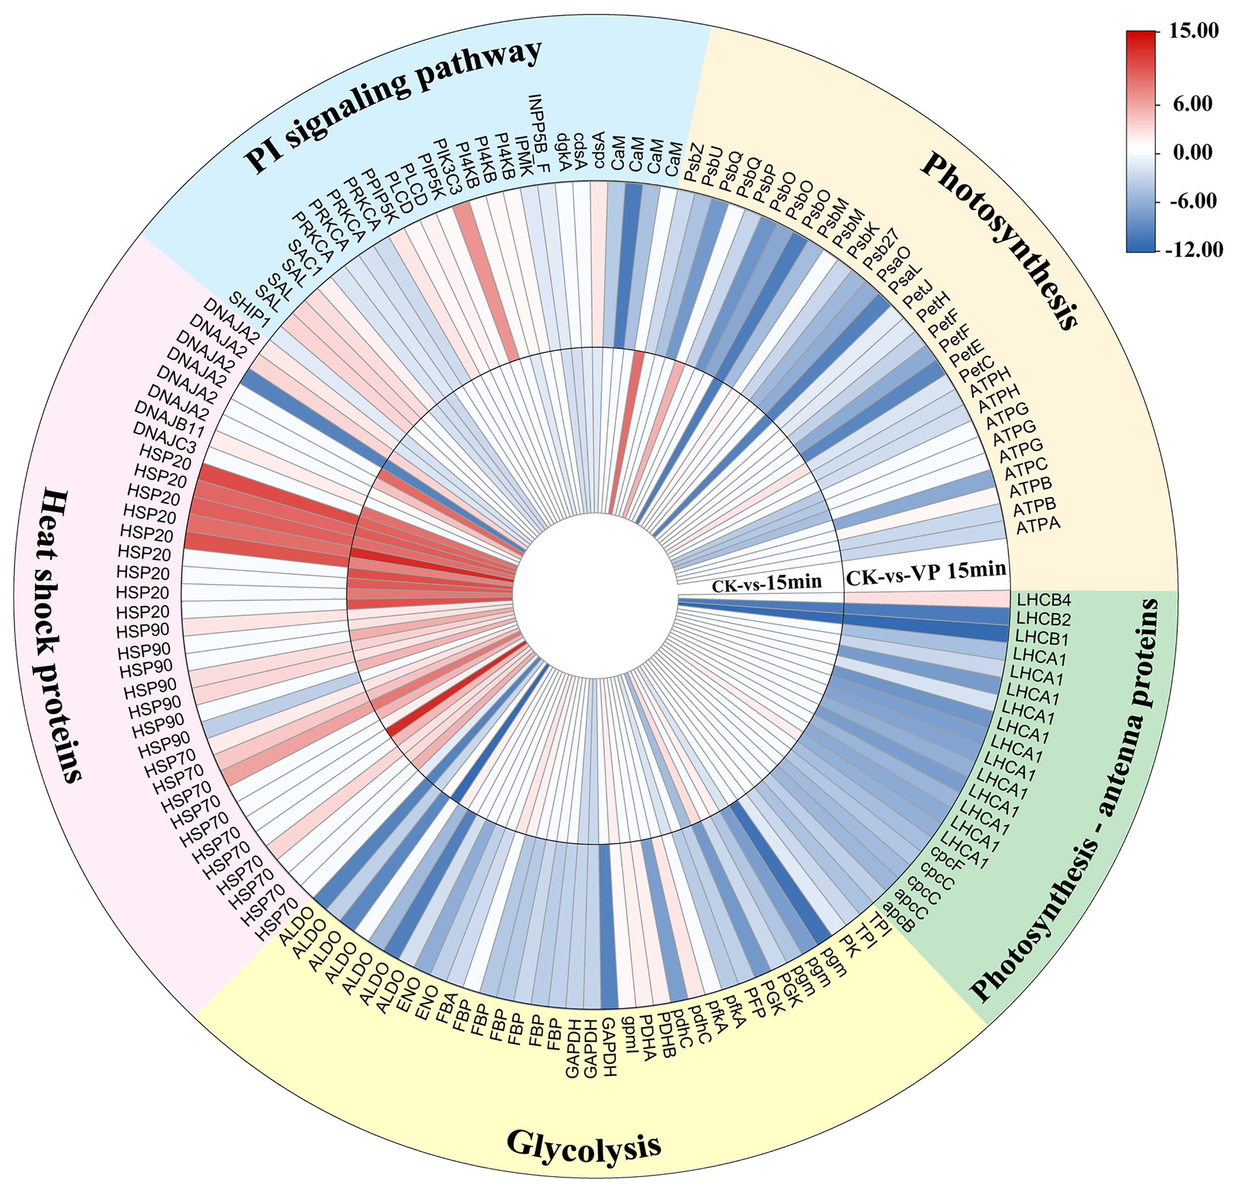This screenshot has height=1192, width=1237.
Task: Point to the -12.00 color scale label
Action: click(x=1195, y=250)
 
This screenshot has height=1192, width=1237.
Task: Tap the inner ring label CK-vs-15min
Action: click(x=767, y=582)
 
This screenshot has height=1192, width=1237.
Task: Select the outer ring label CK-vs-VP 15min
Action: click(x=925, y=572)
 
